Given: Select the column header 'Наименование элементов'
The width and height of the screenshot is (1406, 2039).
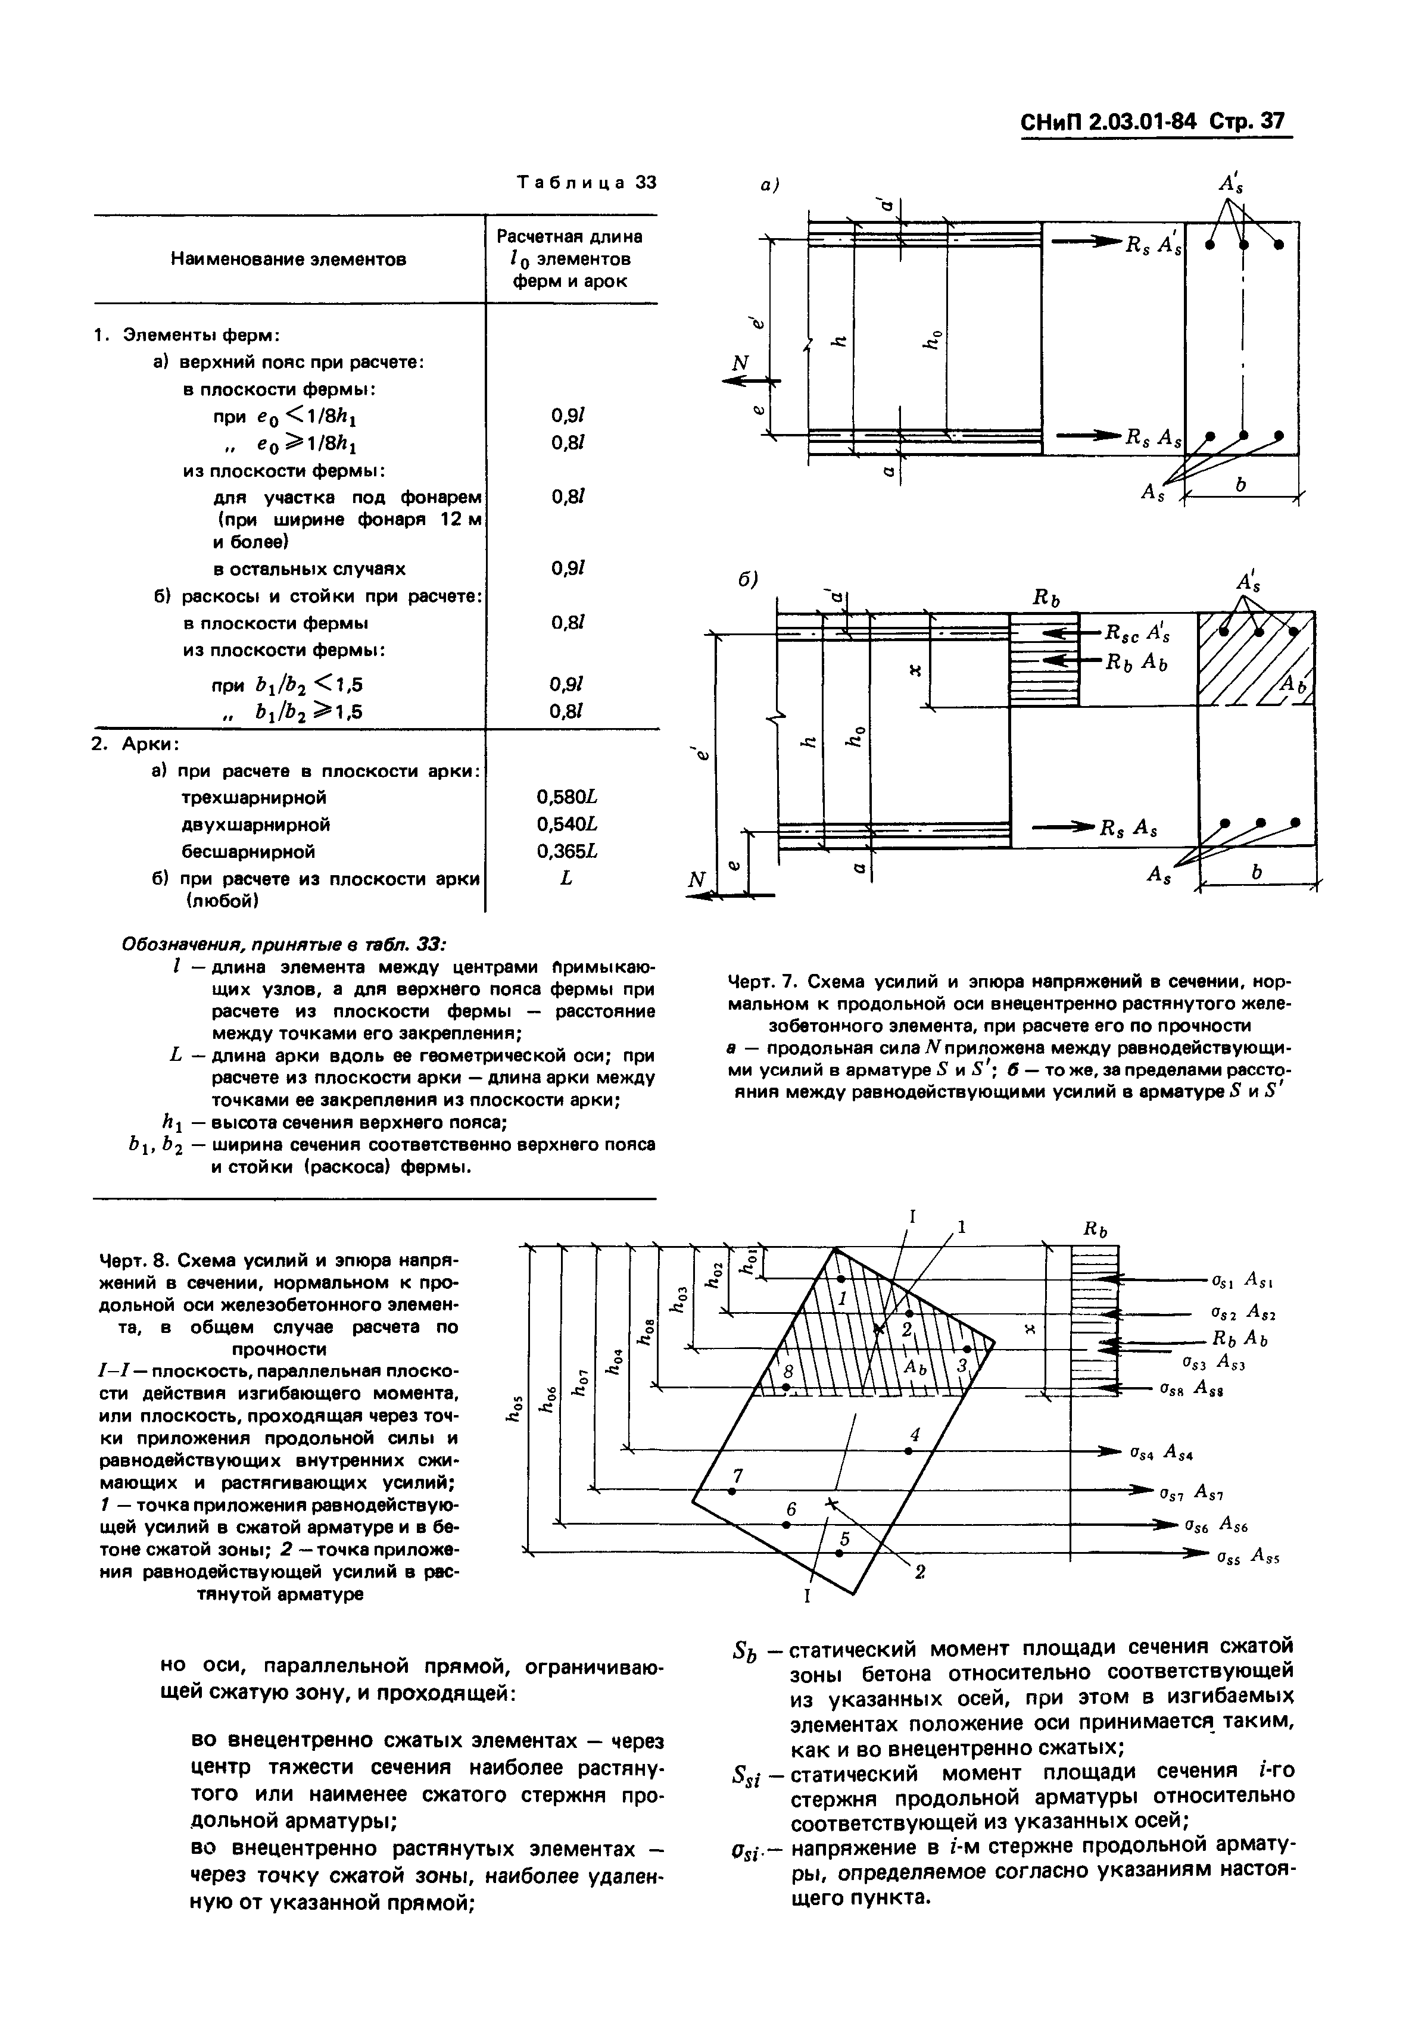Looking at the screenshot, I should pyautogui.click(x=288, y=259).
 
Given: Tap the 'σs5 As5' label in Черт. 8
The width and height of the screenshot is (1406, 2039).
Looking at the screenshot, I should pyautogui.click(x=1246, y=1556).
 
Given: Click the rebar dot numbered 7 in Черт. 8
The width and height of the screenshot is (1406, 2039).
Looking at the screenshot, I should pyautogui.click(x=731, y=1491).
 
